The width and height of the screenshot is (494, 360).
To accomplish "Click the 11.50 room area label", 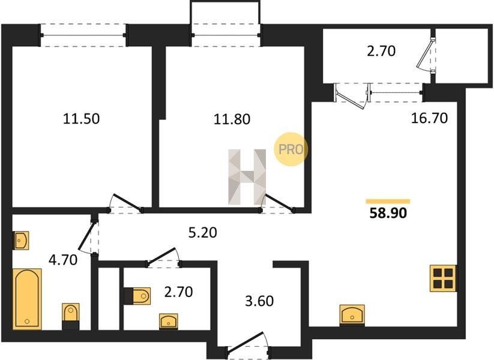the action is (81, 119).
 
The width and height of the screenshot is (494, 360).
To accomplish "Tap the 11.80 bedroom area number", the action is (232, 119).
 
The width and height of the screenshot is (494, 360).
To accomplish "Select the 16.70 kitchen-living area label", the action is (429, 118).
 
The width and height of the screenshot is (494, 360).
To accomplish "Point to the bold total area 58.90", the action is (388, 213).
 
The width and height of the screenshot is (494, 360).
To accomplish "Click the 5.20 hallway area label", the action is (203, 233).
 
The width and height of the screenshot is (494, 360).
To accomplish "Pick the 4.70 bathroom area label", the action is (63, 260).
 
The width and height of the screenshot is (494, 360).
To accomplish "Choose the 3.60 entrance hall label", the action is (259, 301).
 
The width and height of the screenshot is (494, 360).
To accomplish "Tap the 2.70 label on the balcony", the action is (381, 51).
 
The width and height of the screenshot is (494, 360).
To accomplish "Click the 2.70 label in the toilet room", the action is (179, 292).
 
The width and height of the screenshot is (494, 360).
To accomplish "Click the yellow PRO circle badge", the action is (290, 149).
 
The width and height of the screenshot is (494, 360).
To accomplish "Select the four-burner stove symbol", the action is (443, 278).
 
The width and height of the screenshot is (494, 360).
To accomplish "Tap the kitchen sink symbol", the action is (352, 314).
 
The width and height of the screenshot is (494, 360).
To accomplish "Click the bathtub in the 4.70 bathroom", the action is (27, 299).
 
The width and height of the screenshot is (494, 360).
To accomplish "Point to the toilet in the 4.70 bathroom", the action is (70, 316).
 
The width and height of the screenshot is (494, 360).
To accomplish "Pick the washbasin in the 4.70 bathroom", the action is (21, 241).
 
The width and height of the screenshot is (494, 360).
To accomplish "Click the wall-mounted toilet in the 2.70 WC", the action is (137, 296).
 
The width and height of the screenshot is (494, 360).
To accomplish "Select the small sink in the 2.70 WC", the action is (169, 321).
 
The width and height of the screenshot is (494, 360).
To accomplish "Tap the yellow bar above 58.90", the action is (388, 201).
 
